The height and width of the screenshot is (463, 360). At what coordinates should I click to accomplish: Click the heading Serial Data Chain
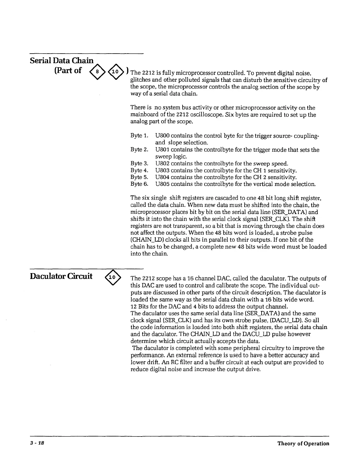62,61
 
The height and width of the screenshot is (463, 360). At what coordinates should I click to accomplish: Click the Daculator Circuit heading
61,276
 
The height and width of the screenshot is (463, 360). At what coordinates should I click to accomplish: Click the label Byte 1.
140,136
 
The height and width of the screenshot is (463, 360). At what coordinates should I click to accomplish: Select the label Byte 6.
140,184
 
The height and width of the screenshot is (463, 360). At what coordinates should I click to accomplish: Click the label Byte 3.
140,164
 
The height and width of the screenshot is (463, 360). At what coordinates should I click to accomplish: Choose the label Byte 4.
140,170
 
